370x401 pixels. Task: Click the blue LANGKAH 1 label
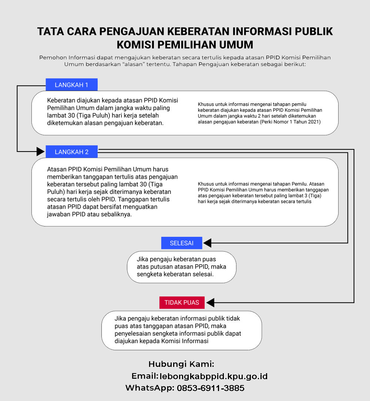pos(71,85)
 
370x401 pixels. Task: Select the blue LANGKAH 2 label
pos(71,152)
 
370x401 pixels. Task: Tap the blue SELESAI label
pos(182,243)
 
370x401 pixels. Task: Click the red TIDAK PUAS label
pos(182,302)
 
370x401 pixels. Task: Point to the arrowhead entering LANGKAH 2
pos(40,151)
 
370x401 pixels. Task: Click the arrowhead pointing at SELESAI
pos(207,243)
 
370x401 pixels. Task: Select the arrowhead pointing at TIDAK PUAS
pos(210,303)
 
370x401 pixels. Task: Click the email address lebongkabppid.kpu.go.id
pos(213,377)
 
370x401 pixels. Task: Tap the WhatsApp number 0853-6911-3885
pos(211,388)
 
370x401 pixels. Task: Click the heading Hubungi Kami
pos(181,364)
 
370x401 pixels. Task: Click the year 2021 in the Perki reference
pos(314,122)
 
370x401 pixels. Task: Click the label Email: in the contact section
pos(145,376)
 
